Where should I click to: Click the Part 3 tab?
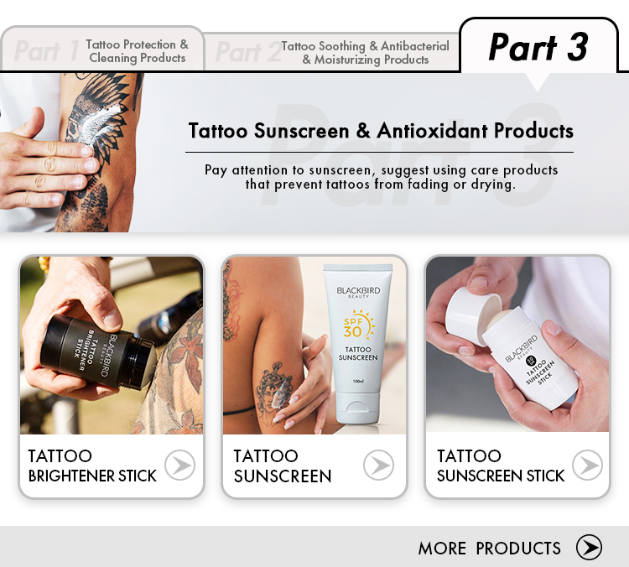[x=538, y=48]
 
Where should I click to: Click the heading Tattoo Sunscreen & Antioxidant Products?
[x=381, y=131]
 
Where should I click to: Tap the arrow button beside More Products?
[x=589, y=548]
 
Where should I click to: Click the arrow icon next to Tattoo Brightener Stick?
[x=179, y=465]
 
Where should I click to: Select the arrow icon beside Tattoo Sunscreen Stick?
[x=587, y=465]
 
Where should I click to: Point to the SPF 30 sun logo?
[x=355, y=324]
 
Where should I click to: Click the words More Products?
[x=489, y=549]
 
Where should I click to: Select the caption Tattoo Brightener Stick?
[x=91, y=466]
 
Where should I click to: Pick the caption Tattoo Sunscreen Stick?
[x=501, y=466]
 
